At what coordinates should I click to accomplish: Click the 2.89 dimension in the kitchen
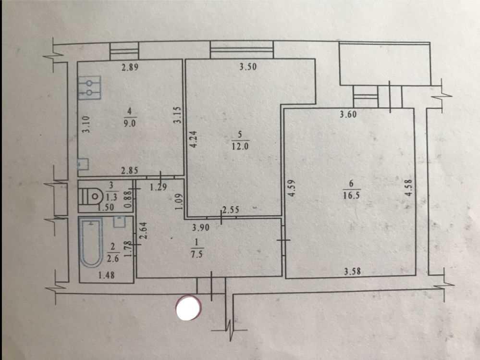(x=130, y=67)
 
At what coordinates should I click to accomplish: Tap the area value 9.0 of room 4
(x=129, y=124)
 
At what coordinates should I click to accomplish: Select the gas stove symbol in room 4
(x=89, y=87)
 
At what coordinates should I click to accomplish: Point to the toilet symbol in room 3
(x=91, y=196)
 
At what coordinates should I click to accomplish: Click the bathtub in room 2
(x=91, y=242)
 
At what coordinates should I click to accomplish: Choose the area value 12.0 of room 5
(x=240, y=146)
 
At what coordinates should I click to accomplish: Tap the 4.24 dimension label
(x=194, y=139)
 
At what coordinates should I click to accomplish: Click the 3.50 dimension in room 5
(x=248, y=66)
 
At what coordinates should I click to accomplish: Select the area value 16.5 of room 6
(x=351, y=195)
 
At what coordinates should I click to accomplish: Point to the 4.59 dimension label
(x=291, y=187)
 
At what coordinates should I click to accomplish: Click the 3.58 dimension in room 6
(x=352, y=271)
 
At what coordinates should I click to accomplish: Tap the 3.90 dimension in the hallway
(x=201, y=227)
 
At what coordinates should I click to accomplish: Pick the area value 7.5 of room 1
(x=197, y=254)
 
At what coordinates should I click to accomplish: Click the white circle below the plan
(x=188, y=308)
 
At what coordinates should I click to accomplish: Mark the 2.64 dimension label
(x=143, y=230)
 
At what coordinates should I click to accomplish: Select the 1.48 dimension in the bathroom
(x=106, y=275)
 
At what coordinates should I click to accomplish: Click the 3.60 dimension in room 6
(x=348, y=114)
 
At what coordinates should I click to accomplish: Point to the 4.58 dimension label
(x=409, y=187)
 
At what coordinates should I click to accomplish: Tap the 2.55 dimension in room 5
(x=231, y=210)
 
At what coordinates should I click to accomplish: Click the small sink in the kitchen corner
(x=83, y=164)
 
